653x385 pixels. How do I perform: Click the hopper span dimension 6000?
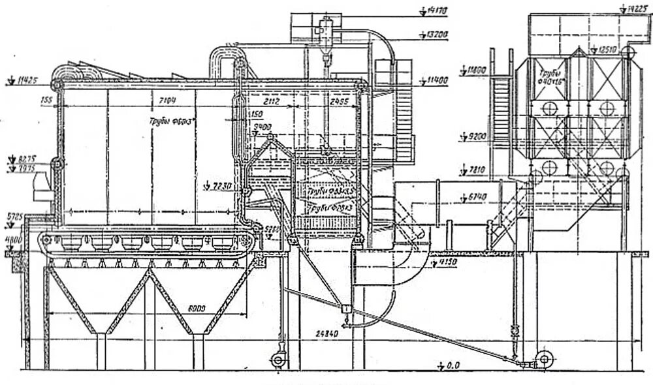[x=198, y=307]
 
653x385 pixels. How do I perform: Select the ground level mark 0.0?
[x=453, y=365]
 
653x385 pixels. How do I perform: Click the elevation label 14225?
[x=634, y=9]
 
